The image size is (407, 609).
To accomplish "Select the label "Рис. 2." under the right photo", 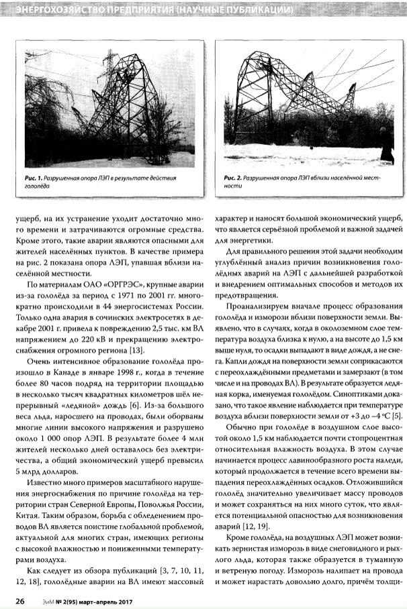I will click(x=233, y=177).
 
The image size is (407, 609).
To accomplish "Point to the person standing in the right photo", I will click(x=386, y=149).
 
